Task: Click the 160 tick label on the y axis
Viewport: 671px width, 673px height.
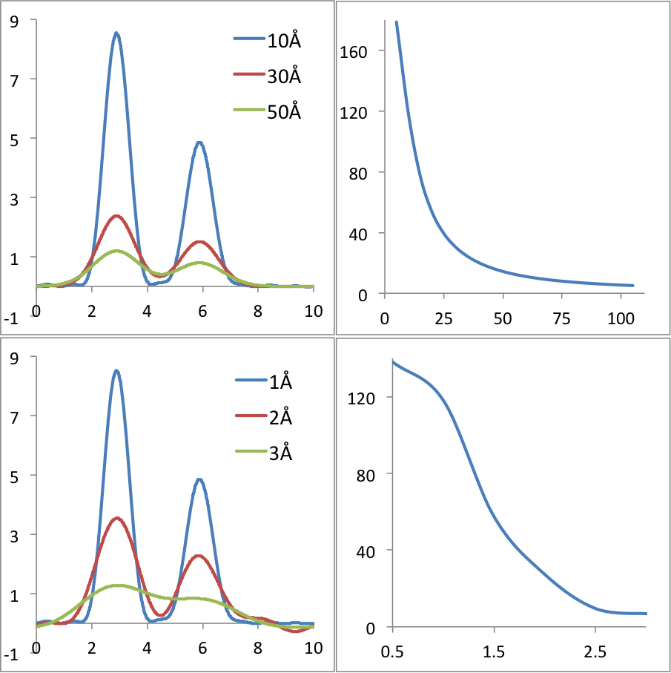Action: (353, 51)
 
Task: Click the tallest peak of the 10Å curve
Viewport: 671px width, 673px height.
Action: (116, 33)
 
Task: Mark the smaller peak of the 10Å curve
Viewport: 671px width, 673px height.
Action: (199, 142)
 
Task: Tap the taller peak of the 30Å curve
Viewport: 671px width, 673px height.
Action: (116, 216)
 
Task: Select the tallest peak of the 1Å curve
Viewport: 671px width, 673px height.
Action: (116, 371)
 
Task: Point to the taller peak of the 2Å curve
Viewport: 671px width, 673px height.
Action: (116, 518)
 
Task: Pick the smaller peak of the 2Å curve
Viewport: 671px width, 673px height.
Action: (199, 555)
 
